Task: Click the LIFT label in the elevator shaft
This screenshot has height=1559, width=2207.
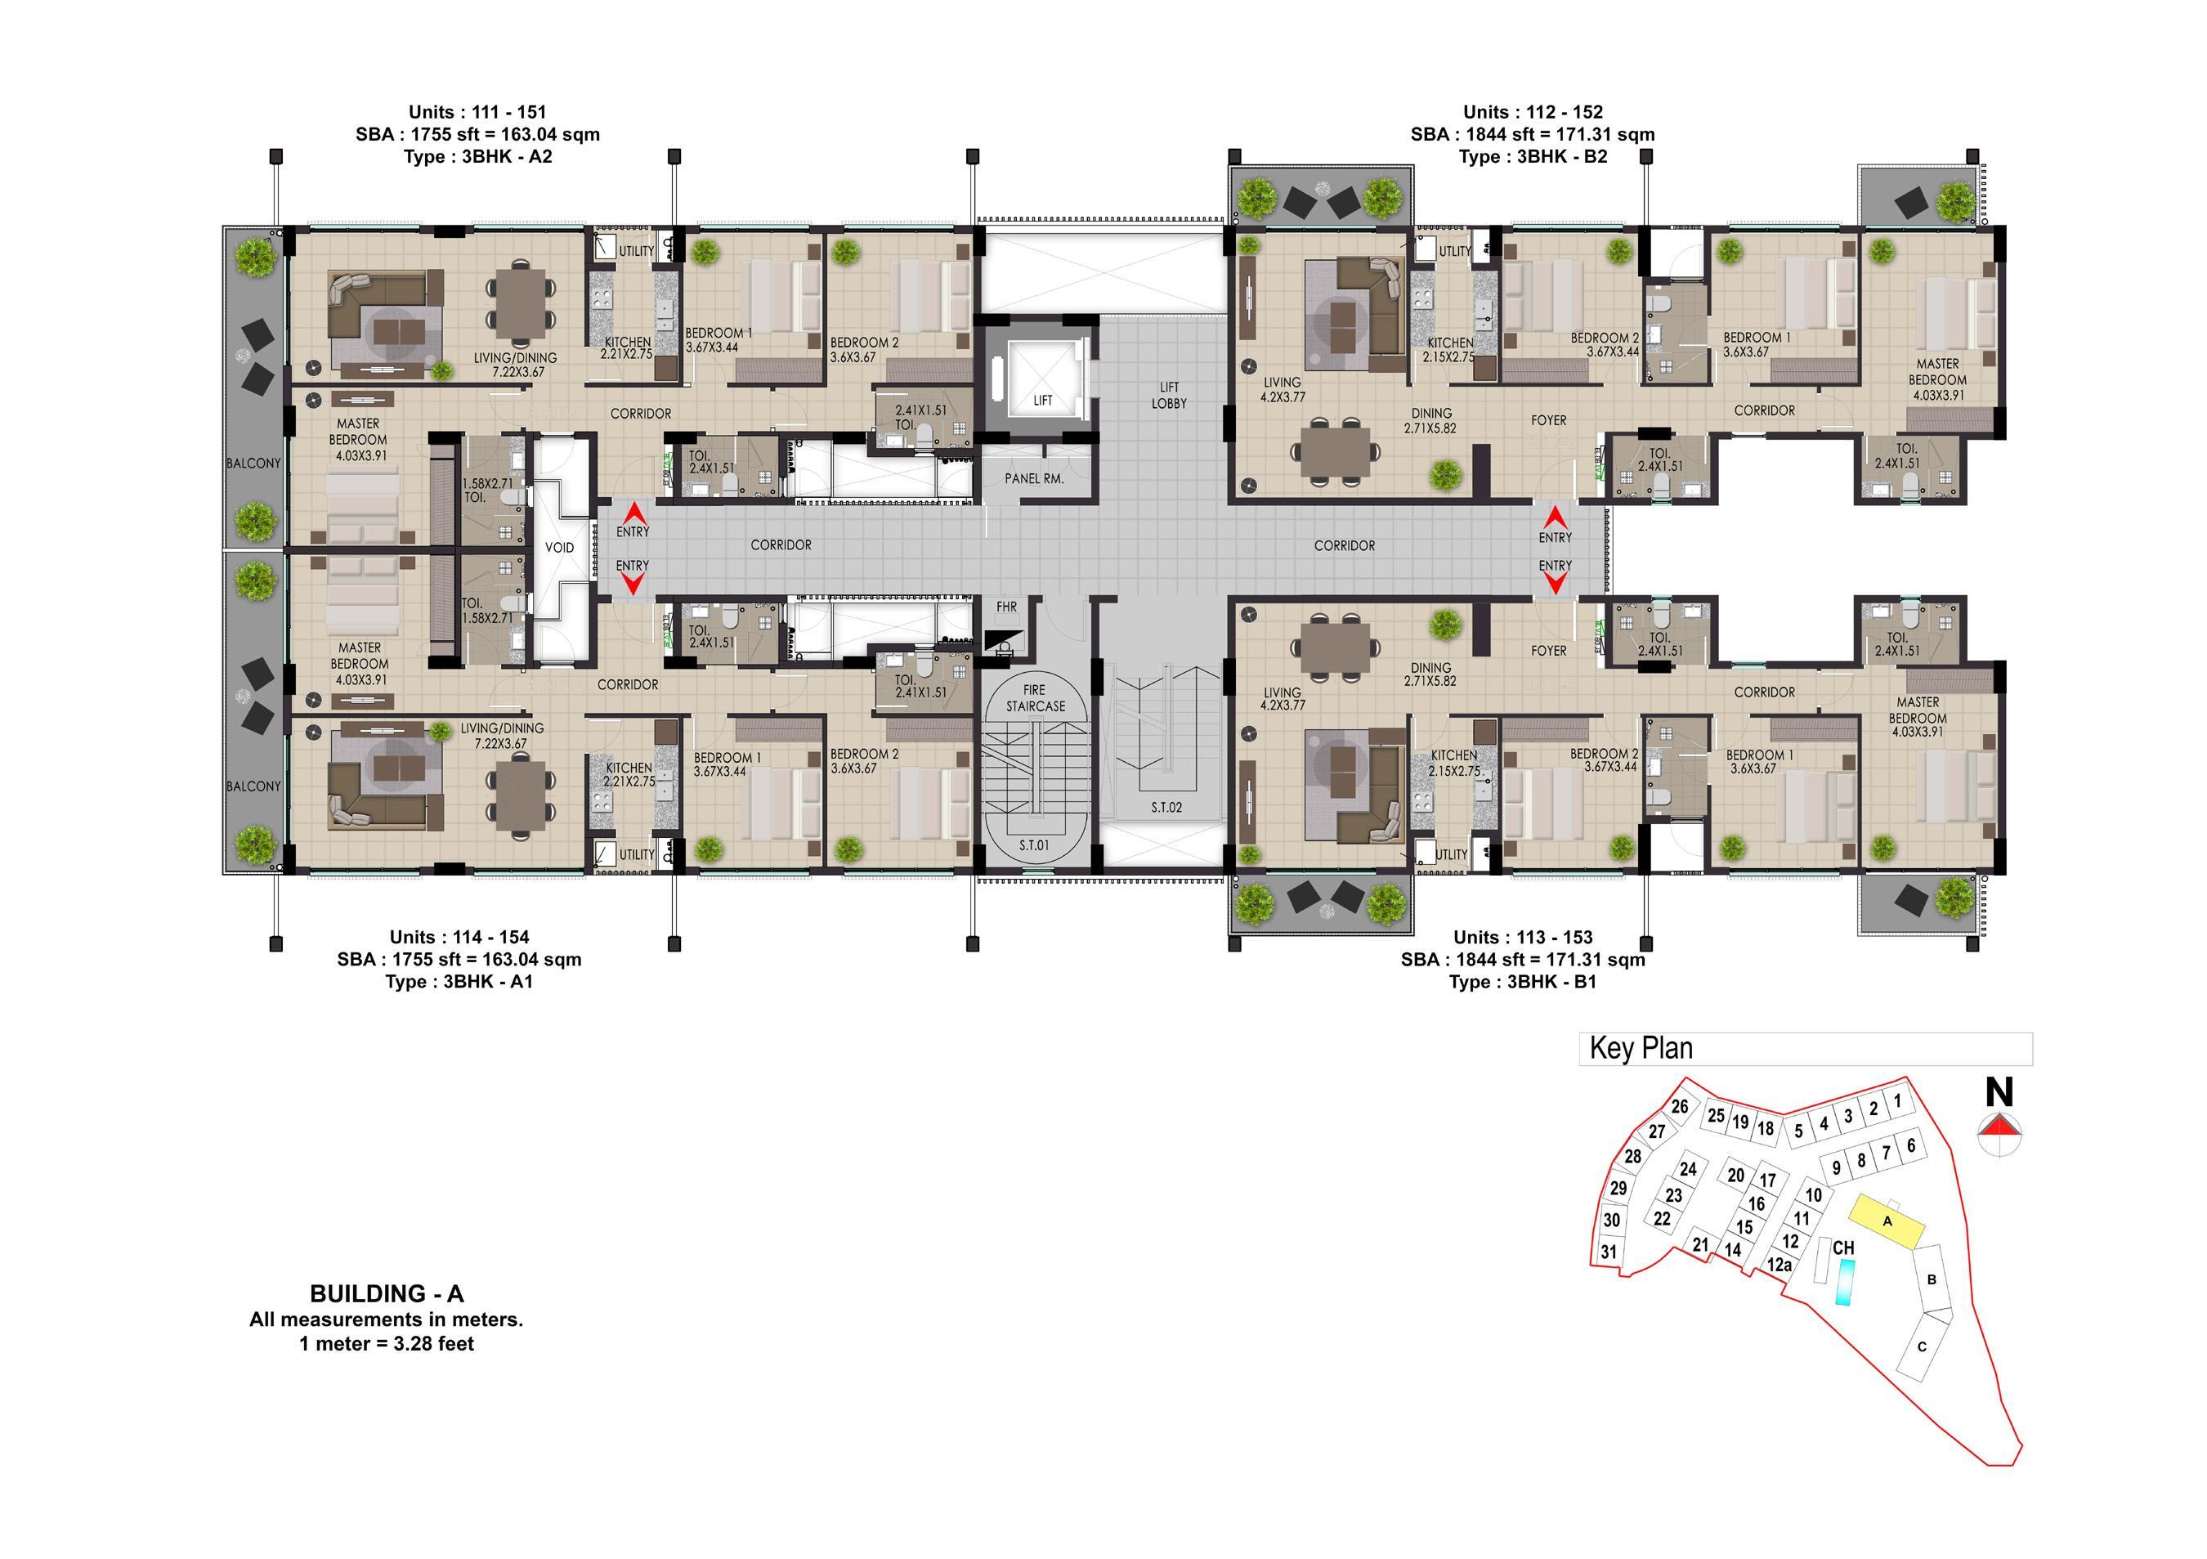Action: point(1043,401)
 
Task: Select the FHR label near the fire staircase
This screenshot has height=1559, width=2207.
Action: point(1006,607)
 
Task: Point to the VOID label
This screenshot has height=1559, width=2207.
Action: point(559,548)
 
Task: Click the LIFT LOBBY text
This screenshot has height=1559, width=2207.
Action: point(1169,395)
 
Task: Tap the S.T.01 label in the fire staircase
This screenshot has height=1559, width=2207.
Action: point(1034,846)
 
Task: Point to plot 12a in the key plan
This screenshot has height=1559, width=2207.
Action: point(1779,1265)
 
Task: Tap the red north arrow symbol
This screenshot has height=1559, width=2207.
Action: point(1999,1127)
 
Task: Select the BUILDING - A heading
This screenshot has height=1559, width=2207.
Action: point(387,1294)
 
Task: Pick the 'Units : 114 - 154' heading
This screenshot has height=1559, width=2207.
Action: point(459,937)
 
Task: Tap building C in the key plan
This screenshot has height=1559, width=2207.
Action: point(1923,1346)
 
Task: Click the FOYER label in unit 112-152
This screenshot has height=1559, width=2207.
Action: point(1548,421)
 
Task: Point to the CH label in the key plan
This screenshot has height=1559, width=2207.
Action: point(1842,1248)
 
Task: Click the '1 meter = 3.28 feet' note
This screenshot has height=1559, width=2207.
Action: point(387,1344)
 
